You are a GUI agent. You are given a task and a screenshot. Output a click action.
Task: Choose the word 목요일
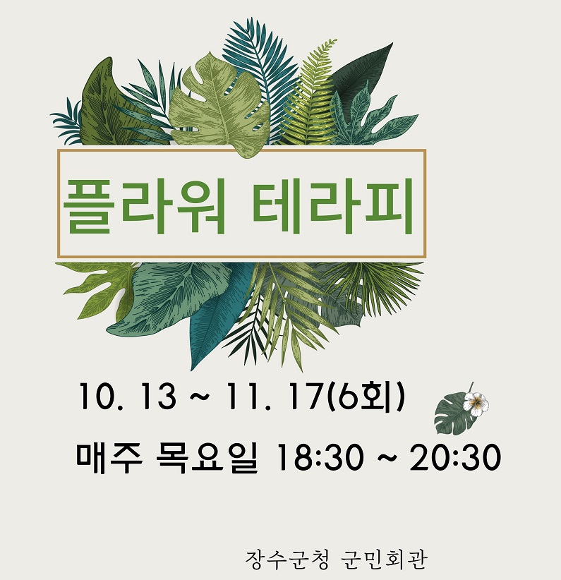tap(206, 458)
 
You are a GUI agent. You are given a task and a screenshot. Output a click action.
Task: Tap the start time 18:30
tap(320, 458)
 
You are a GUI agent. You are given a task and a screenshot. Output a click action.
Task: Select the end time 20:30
tap(454, 458)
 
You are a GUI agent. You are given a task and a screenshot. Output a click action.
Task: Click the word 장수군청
tap(286, 560)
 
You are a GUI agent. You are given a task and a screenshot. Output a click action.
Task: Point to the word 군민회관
tap(383, 560)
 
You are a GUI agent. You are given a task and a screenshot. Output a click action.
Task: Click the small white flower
tap(476, 404)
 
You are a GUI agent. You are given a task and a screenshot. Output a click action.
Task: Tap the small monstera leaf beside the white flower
tap(453, 414)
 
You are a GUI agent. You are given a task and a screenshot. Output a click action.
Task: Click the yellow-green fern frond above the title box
tap(309, 96)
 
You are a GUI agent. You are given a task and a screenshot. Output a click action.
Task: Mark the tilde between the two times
tap(387, 459)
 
